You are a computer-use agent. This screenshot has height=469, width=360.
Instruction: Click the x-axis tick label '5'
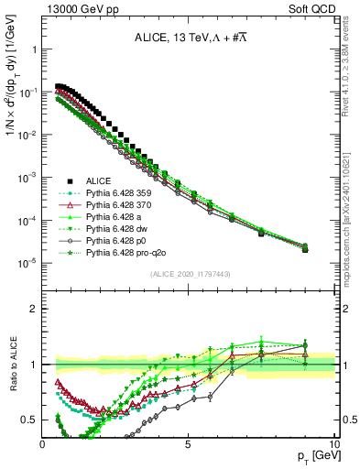(x=188, y=443)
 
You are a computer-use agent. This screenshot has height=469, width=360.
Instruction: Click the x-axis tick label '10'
(x=333, y=443)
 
